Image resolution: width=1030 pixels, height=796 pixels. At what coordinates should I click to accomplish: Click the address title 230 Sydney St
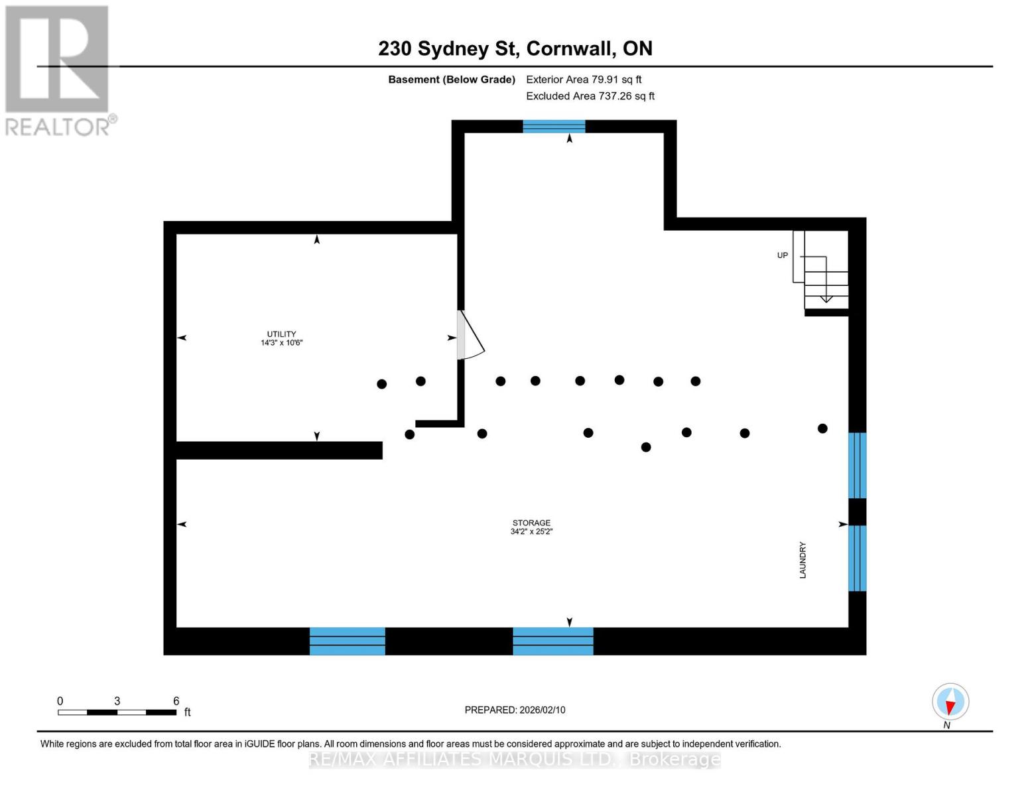click(x=515, y=48)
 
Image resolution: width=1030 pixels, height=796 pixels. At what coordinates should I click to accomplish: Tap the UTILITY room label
click(x=281, y=334)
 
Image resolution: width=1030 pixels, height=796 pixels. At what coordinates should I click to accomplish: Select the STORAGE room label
click(x=531, y=523)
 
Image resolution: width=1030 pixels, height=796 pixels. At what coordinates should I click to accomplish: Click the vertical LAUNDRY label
click(x=803, y=560)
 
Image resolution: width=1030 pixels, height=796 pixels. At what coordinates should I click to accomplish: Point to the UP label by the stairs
click(x=783, y=255)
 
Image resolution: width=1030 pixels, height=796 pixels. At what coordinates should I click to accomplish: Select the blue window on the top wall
click(x=554, y=126)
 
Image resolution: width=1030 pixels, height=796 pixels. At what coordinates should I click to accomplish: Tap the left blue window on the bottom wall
click(x=347, y=641)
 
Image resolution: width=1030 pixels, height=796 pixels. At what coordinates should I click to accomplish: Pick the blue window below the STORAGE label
click(x=552, y=641)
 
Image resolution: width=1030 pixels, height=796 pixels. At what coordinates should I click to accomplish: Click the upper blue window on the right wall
click(x=857, y=465)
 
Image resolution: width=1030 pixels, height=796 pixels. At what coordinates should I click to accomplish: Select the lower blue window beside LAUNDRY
click(x=857, y=558)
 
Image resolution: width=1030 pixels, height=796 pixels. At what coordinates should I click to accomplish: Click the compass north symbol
click(x=950, y=702)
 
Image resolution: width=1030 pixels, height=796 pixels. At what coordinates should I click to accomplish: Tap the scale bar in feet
click(x=117, y=712)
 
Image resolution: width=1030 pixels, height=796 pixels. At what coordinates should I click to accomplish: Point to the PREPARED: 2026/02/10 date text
click(x=515, y=710)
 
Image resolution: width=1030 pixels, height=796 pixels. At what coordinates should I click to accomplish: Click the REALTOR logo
click(x=58, y=70)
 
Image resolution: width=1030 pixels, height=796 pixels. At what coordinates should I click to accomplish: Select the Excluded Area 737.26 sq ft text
click(x=590, y=96)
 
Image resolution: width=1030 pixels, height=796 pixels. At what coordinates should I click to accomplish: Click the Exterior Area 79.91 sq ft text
click(x=584, y=80)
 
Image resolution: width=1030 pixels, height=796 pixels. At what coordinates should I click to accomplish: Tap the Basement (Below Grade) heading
click(x=451, y=80)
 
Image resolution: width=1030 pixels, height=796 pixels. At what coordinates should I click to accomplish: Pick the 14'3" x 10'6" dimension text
click(x=281, y=343)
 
